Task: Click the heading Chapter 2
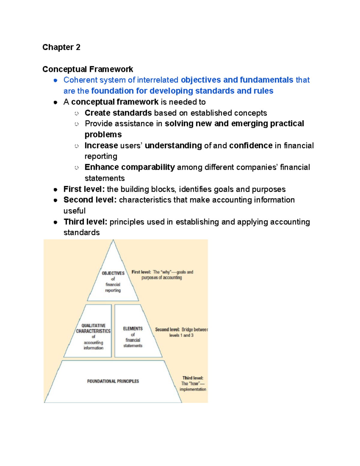point(61,47)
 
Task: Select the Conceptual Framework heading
point(88,69)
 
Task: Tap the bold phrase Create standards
point(118,113)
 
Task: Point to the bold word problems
point(103,134)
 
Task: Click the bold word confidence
point(250,146)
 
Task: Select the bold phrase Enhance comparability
point(130,167)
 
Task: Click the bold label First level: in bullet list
point(84,189)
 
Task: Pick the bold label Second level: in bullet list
point(90,200)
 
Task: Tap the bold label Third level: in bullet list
point(85,222)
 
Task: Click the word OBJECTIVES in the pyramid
point(113,273)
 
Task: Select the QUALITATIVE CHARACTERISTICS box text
point(93,328)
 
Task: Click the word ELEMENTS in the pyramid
point(133,329)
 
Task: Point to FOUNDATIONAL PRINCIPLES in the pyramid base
point(113,381)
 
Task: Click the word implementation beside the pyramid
point(193,389)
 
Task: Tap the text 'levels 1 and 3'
point(181,335)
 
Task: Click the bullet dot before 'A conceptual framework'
point(55,102)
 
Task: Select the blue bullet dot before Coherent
point(55,80)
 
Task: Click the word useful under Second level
point(74,211)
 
